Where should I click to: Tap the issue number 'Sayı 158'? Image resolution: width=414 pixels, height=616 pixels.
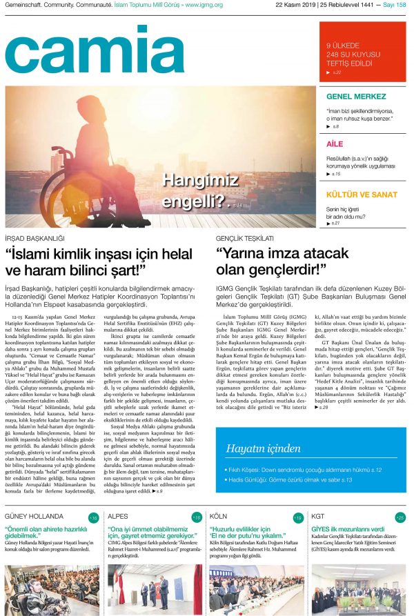tap(395, 4)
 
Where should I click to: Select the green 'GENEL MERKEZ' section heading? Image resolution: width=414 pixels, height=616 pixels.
tap(356, 97)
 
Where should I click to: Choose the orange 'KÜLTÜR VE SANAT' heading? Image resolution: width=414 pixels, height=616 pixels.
tap(362, 195)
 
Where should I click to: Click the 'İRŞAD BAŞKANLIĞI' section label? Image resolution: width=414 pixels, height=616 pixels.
tap(34, 238)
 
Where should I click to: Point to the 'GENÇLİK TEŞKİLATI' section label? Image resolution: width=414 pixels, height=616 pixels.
tap(245, 238)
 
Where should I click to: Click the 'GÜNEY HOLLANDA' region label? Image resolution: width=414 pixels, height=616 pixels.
tap(34, 517)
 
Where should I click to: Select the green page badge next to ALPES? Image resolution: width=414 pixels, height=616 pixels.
tap(197, 517)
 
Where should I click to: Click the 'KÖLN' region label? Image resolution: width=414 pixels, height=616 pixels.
tap(218, 517)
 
